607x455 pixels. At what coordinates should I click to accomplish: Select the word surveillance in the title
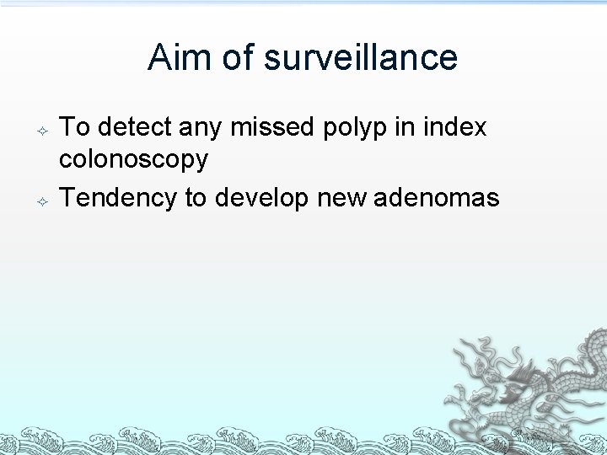click(360, 57)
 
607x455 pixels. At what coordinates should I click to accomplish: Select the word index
click(455, 127)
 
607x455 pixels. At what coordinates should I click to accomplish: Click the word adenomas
click(436, 198)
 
